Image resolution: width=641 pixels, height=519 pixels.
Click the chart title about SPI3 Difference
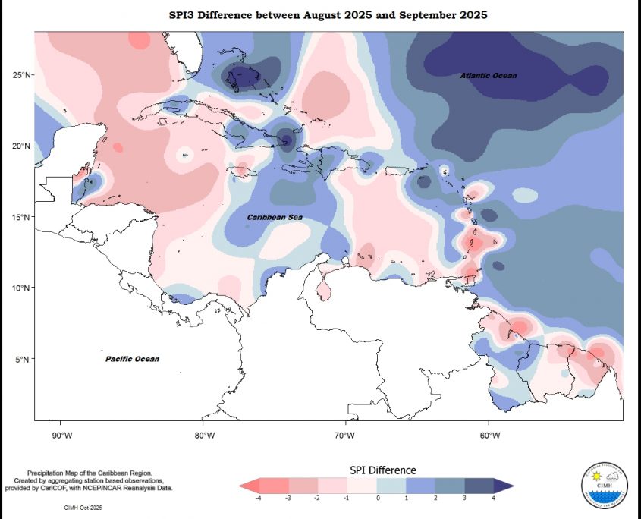(328, 14)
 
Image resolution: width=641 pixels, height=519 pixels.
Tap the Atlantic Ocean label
(489, 76)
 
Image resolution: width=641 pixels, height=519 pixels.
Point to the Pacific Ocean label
(132, 359)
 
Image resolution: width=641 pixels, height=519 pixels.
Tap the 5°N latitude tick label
(23, 360)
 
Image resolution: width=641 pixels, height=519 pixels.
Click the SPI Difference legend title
(382, 470)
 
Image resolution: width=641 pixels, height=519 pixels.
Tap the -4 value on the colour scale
(259, 498)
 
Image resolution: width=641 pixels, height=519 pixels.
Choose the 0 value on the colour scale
(377, 498)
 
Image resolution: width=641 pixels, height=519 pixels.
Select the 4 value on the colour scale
(495, 498)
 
